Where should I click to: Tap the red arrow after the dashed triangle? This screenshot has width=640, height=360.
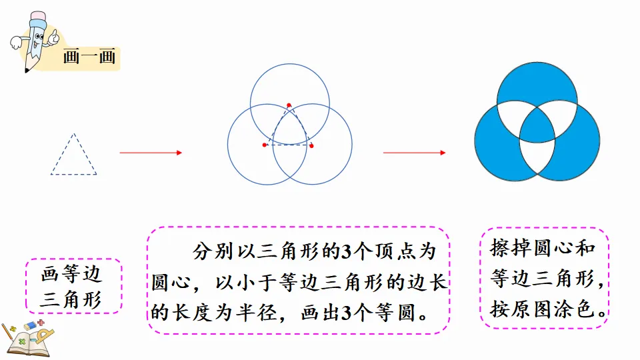click(151, 153)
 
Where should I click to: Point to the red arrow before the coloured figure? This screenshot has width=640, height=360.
click(414, 153)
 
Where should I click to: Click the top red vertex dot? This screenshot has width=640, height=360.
click(289, 105)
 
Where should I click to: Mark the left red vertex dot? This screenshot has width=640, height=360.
click(265, 145)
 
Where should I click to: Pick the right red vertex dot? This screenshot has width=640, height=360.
click(311, 145)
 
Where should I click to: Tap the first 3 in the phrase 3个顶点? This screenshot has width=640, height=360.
click(345, 252)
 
